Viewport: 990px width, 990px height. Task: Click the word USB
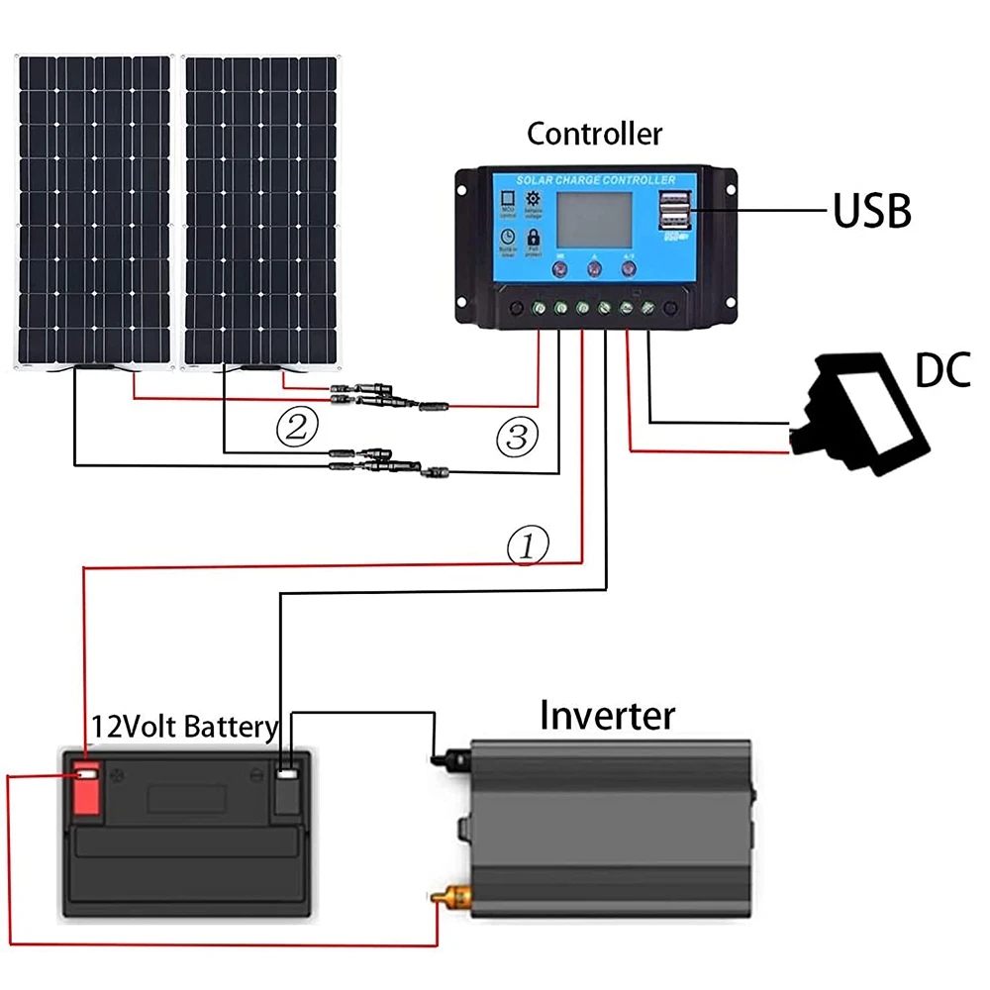[x=870, y=209]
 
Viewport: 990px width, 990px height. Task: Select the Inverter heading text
[x=607, y=714]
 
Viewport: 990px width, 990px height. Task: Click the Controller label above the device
[x=594, y=134]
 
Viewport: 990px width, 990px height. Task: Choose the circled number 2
[x=296, y=427]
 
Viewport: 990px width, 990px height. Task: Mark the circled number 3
[x=517, y=436]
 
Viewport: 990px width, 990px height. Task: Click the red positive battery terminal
[x=87, y=788]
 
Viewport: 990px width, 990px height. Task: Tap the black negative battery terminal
[x=287, y=788]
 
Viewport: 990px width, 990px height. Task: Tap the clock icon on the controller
[x=506, y=238]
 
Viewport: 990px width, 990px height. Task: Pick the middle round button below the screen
[x=594, y=266]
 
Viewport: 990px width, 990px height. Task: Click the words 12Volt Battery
[x=184, y=728]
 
